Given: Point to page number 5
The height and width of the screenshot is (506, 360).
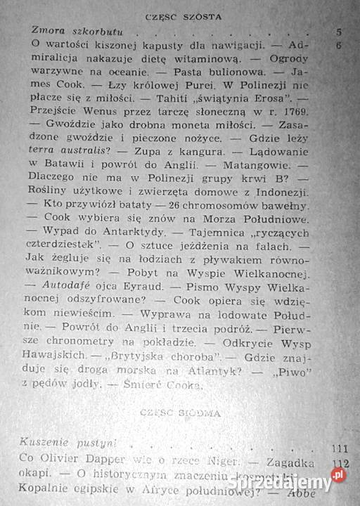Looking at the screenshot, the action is tap(339, 32).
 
